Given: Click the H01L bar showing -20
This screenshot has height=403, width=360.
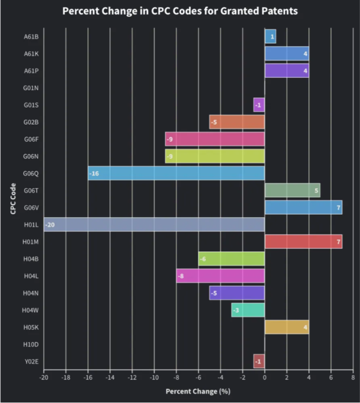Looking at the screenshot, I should click(154, 224).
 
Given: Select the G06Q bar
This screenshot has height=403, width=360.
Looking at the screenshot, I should click(176, 173).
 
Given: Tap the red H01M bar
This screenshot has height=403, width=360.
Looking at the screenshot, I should click(303, 242).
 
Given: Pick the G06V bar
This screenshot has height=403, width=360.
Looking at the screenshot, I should click(303, 207).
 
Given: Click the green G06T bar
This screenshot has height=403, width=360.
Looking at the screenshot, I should click(292, 190).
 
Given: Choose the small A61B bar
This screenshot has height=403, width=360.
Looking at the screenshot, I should click(270, 37).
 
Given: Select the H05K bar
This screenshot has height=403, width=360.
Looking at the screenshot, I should click(286, 327).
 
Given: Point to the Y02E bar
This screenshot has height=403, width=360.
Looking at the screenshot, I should click(259, 362).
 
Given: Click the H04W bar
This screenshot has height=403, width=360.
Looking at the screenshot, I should click(248, 310).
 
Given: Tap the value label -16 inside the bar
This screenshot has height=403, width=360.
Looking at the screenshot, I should click(94, 173).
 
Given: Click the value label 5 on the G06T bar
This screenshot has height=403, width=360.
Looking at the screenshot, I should click(316, 191).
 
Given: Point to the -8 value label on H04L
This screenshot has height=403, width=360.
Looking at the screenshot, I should click(181, 276).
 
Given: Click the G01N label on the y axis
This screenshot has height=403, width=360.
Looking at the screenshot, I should click(31, 88).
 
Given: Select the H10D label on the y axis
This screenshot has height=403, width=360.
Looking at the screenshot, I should click(31, 344).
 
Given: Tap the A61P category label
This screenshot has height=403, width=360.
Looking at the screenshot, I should click(31, 71).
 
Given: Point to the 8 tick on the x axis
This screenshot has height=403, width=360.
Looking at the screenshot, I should click(353, 378).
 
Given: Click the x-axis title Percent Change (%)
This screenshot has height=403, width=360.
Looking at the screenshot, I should click(198, 392).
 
